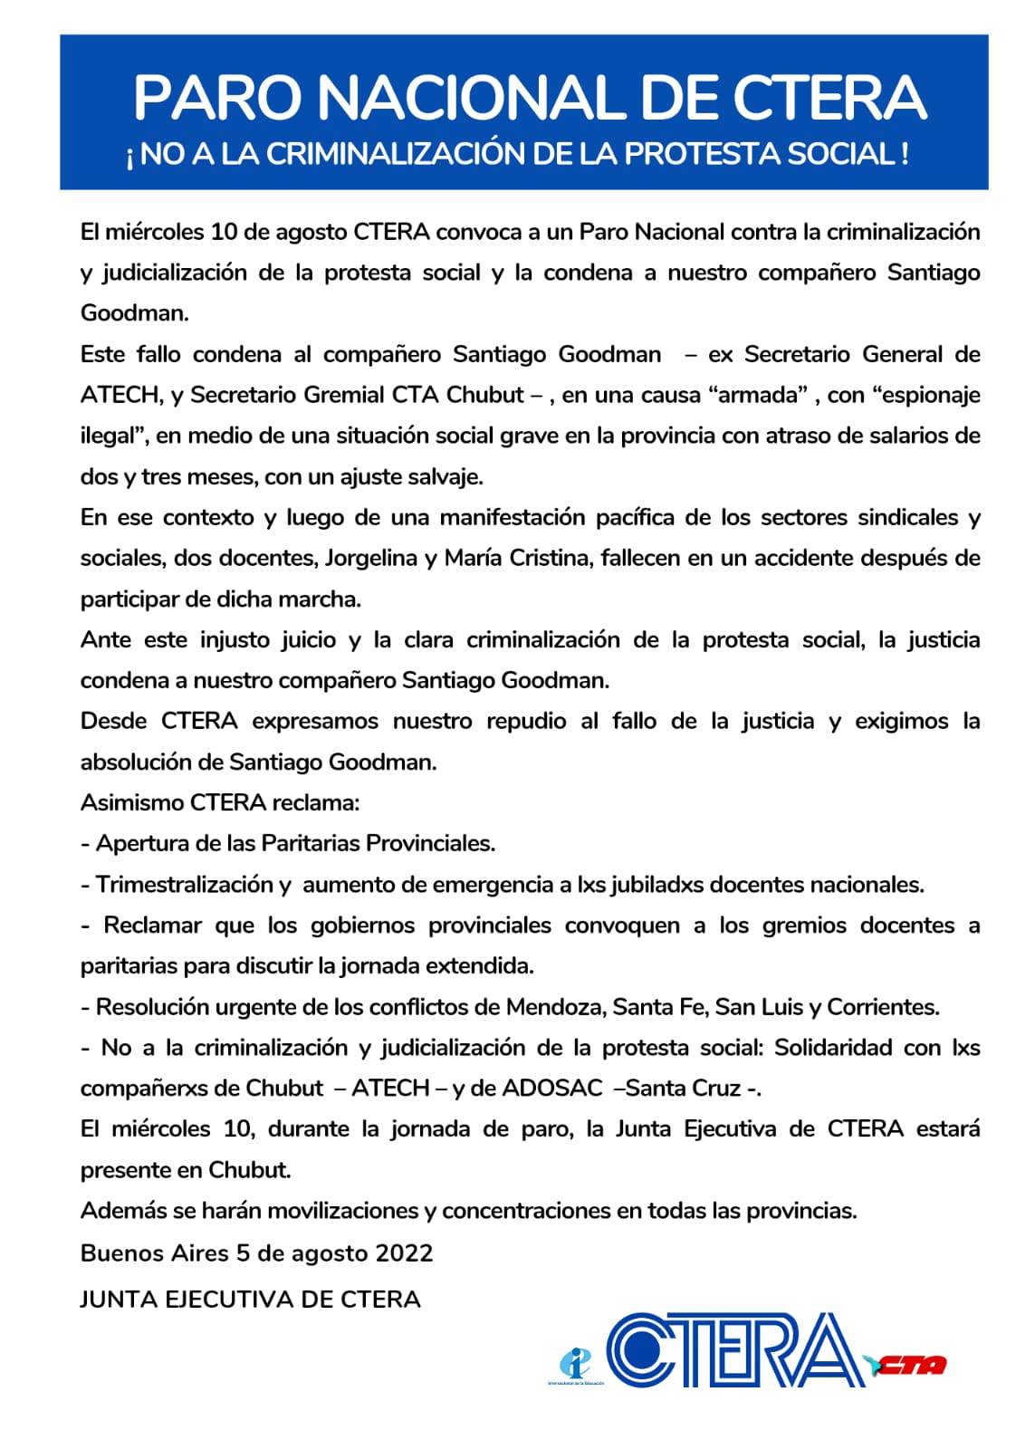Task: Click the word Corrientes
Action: coord(882,1007)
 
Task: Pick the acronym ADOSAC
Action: coord(552,1089)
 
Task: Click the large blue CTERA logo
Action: coord(733,1350)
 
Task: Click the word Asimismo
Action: coord(132,803)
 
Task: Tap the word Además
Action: coord(119,1211)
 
